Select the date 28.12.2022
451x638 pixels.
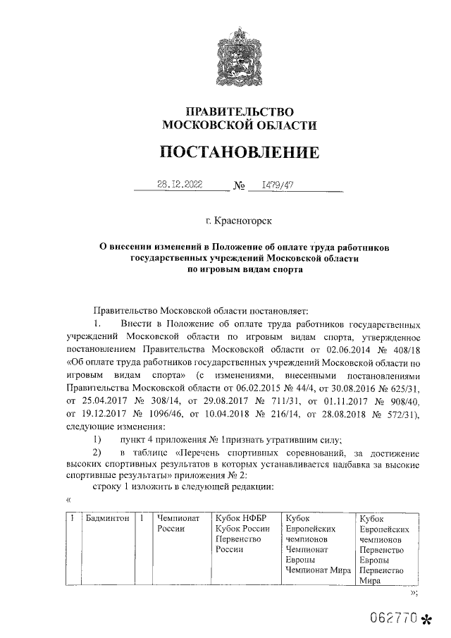[179, 185]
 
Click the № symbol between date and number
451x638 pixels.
[239, 187]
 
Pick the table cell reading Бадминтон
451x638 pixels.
[106, 518]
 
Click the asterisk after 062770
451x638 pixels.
[425, 620]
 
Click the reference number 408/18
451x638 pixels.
[406, 348]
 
